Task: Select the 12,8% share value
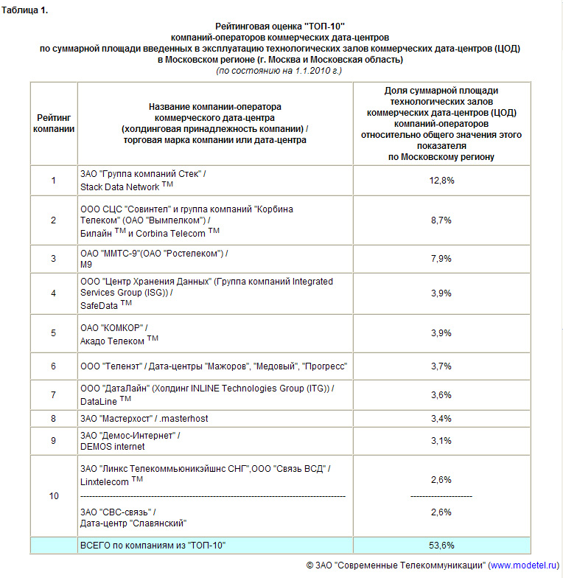441,181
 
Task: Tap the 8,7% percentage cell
441,220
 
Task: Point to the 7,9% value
441,259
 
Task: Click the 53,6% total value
441,546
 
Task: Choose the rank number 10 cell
54,496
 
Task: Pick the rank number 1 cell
54,181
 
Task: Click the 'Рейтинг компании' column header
54,123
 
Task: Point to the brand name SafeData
101,304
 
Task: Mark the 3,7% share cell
441,366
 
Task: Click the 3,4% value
441,419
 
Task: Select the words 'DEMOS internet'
113,446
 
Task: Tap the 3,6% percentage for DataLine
441,395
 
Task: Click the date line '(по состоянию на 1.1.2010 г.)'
279,71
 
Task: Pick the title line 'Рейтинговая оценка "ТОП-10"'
279,26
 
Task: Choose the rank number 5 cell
54,333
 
